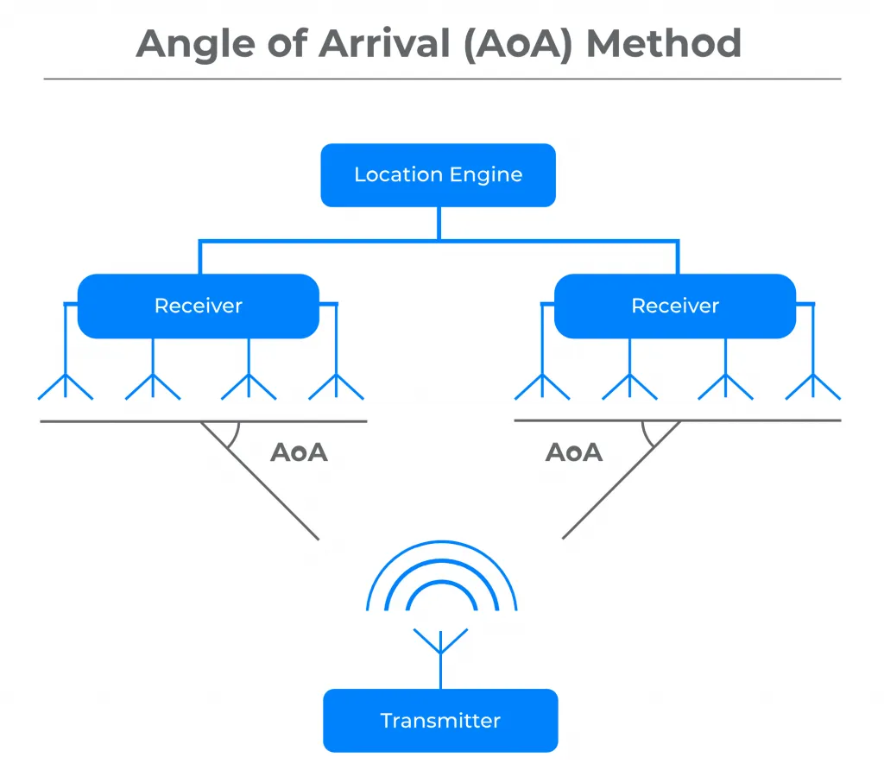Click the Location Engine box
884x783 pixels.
point(438,174)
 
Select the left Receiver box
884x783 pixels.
point(199,306)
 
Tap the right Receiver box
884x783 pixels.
point(675,306)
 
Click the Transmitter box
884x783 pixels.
point(440,721)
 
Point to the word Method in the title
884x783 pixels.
point(664,43)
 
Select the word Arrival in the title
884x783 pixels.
point(385,43)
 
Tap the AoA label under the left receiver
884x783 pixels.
point(299,452)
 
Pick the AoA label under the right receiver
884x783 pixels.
point(574,452)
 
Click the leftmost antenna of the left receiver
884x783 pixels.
point(66,387)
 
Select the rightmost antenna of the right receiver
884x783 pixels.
point(813,387)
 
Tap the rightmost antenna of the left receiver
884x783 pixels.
point(336,387)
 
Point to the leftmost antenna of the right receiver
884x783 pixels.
point(542,387)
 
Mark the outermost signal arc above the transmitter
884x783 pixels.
point(441,542)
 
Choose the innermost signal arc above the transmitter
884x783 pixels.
point(441,582)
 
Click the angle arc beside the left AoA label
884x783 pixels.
point(236,437)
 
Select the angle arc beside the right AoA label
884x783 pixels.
point(646,437)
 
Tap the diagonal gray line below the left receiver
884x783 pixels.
point(260,480)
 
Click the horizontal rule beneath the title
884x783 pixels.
point(443,79)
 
